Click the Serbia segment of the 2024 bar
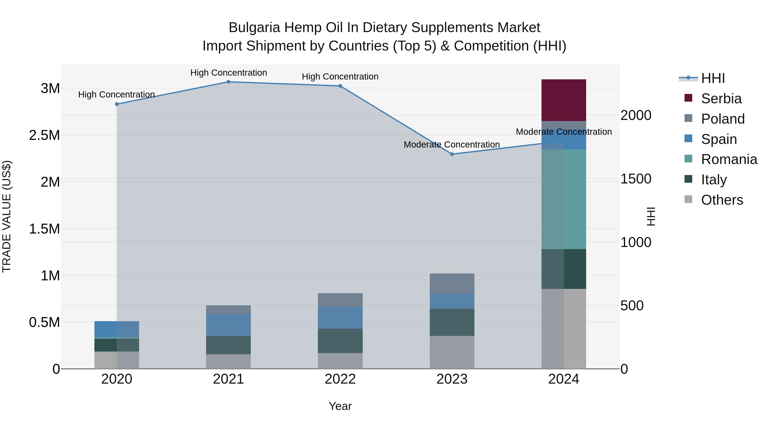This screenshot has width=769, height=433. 564,100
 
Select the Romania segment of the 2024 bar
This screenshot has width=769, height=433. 564,199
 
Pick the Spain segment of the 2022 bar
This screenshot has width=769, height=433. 340,318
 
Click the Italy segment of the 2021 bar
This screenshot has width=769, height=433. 228,345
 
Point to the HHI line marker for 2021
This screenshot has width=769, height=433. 228,82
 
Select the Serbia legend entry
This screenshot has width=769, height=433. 721,99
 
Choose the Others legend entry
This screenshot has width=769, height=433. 722,200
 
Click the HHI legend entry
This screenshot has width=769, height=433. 713,78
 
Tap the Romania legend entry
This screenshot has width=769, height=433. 729,159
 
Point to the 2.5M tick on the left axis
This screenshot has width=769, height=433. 44,135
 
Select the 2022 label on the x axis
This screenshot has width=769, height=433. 340,379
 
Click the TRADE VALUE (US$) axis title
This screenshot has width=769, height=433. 7,216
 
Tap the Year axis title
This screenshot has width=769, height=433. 340,406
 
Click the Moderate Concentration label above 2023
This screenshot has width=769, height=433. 452,145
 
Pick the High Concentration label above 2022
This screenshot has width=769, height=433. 340,77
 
